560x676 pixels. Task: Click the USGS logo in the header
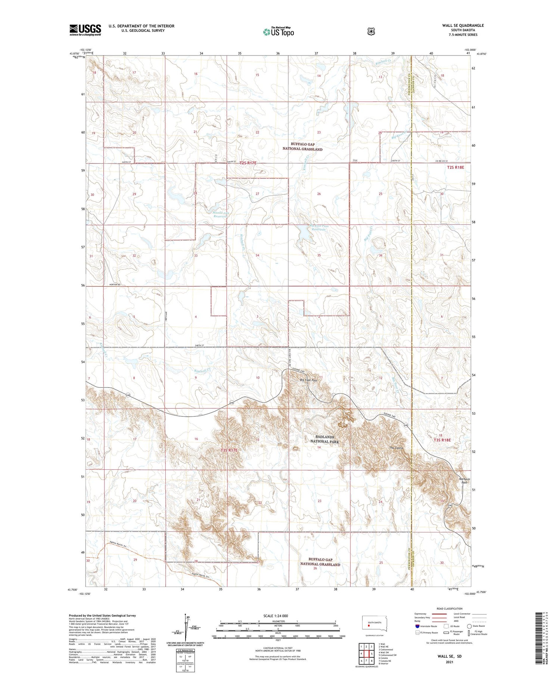pos(85,30)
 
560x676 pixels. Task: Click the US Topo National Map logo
pos(278,32)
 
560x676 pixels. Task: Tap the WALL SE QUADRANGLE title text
pos(463,25)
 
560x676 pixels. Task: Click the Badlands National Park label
pos(324,439)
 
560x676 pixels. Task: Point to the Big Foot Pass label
pos(308,380)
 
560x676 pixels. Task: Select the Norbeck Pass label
pos(465,481)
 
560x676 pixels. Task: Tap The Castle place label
pos(397,447)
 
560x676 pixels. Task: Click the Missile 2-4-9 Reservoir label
pos(220,215)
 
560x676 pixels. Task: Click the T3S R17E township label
pos(229,450)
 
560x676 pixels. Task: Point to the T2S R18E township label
pos(455,167)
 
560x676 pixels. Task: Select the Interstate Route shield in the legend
pos(417,626)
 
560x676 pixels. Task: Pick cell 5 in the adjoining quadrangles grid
pos(371,654)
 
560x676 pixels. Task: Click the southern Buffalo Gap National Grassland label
pos(320,562)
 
